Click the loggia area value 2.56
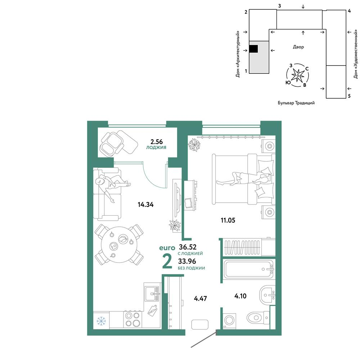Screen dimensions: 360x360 [x=156, y=141]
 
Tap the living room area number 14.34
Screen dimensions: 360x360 [x=145, y=204]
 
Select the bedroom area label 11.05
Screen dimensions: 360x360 [x=228, y=220]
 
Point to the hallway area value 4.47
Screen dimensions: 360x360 [x=201, y=298]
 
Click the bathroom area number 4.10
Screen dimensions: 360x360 [x=240, y=296]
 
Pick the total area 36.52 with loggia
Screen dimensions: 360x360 [x=188, y=247]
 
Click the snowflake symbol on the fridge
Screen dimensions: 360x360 [x=101, y=321]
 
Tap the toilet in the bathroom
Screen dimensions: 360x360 [x=258, y=318]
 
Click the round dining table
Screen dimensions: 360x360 [x=119, y=245]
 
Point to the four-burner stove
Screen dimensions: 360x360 [x=133, y=319]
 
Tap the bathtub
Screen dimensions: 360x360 [x=249, y=269]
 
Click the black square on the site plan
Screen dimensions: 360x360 [x=253, y=49]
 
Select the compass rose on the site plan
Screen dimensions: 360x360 [x=298, y=75]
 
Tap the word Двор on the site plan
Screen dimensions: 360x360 [x=298, y=47]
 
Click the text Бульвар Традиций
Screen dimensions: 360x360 [x=296, y=103]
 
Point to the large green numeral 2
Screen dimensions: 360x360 [x=167, y=261]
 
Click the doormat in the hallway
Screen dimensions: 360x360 [x=200, y=324]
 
